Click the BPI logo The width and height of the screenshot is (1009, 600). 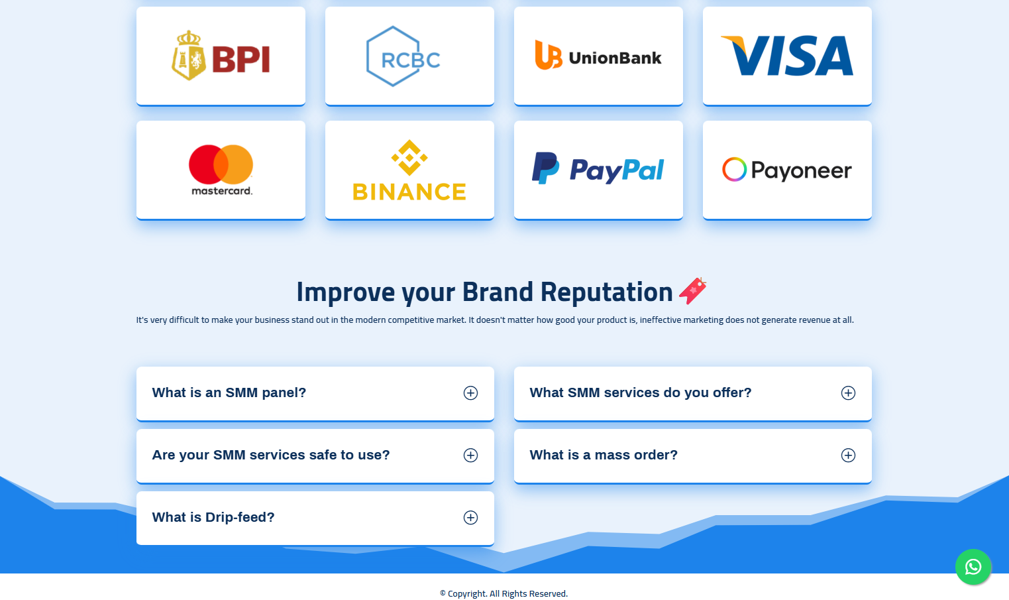tap(221, 56)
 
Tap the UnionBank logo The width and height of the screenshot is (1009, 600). tap(598, 56)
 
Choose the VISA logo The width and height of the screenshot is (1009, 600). tap(787, 56)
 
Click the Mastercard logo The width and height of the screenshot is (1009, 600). tap(221, 170)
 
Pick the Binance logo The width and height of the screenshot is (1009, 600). tap(409, 170)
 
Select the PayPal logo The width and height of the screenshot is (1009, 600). tap(598, 168)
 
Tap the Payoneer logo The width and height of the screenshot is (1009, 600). tap(787, 170)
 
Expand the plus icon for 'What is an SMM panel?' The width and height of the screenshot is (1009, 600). tap(471, 393)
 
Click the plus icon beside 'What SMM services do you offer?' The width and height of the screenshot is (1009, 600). tap(848, 393)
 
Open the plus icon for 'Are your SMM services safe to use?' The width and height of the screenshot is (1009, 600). tap(471, 455)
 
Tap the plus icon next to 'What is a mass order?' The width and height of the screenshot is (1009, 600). tap(848, 455)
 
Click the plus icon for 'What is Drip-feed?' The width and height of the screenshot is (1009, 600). tap(471, 518)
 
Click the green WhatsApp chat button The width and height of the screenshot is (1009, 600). tap(973, 567)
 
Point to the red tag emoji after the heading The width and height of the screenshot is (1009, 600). tap(693, 291)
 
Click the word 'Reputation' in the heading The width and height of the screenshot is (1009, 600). tap(606, 292)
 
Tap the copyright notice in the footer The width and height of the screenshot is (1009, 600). tap(504, 593)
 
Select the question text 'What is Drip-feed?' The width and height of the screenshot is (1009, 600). tap(213, 517)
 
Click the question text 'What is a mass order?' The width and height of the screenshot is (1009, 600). tap(604, 455)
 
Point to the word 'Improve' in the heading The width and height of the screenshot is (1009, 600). tap(345, 292)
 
